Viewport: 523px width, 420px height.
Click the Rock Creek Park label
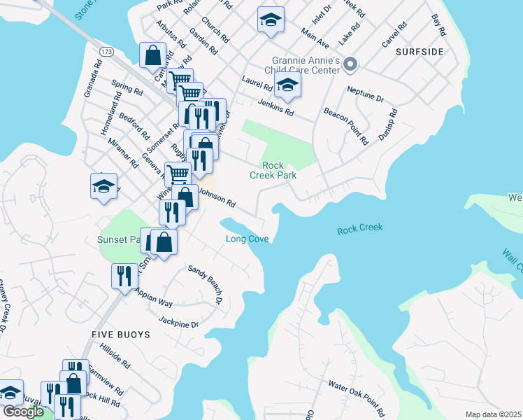coord(279,170)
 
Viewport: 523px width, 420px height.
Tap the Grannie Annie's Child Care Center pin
coord(350,65)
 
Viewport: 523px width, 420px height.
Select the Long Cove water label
coord(248,239)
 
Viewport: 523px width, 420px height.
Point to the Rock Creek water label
coord(360,230)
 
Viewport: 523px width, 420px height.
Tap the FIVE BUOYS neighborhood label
coord(121,335)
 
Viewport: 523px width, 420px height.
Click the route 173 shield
coord(106,52)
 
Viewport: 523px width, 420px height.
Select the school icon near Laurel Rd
coord(287,87)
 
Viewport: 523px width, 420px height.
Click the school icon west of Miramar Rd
coord(103,187)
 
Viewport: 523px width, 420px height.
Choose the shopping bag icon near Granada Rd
coord(152,55)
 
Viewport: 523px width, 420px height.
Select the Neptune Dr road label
coord(366,94)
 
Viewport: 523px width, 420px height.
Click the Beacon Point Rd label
coord(345,126)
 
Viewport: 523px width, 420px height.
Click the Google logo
coord(24,412)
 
